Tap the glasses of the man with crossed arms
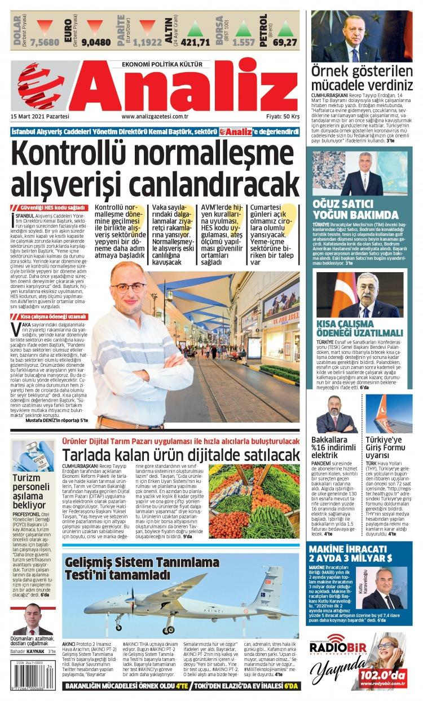click(129, 287)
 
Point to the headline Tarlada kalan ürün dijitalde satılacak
click(180, 455)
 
